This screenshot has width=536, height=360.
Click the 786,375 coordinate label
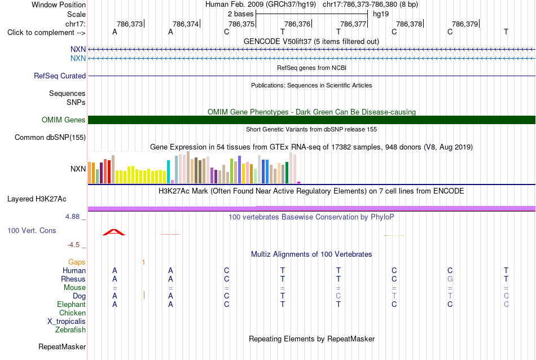coord(241,24)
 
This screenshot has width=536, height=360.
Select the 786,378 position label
coord(409,24)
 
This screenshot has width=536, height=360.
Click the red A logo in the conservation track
coord(114,232)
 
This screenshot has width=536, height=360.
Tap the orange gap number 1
coord(143,262)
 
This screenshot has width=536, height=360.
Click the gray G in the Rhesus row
coord(450,279)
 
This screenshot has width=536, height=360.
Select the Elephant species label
coord(72,304)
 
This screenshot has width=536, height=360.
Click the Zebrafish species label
coord(71,330)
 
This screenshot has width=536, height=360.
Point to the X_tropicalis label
coord(67,322)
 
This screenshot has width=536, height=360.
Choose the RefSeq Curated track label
coord(60,76)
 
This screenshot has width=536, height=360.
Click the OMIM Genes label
coord(64,120)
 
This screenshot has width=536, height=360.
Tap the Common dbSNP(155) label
coord(50,138)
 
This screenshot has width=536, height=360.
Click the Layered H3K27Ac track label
coord(37,199)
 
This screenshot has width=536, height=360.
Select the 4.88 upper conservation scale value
coord(72,217)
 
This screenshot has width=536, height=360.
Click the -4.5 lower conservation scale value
coord(73,245)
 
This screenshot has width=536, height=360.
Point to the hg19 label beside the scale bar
coord(381,14)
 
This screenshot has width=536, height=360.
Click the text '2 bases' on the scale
coord(241,14)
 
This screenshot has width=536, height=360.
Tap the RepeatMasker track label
coord(62,346)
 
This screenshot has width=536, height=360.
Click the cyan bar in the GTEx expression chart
coord(169,172)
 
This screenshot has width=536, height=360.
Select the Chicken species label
coord(72,313)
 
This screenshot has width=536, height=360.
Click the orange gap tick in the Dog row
coord(144,295)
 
